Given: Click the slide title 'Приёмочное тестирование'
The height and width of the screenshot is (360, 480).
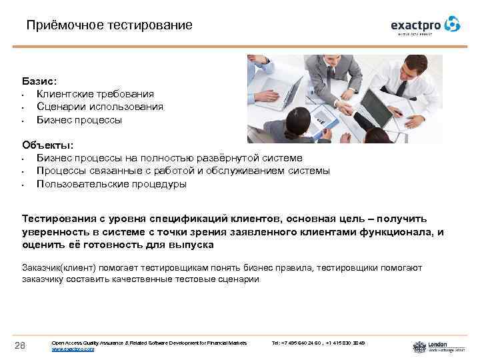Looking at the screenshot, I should click(x=109, y=25).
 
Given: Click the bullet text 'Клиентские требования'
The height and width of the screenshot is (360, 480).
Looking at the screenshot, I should click(x=95, y=95).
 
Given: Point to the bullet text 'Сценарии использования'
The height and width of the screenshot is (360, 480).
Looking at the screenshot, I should click(x=99, y=107).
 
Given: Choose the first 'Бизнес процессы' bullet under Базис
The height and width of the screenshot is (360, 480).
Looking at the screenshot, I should click(x=79, y=121).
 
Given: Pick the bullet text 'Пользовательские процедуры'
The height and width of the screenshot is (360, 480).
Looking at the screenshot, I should click(x=111, y=184).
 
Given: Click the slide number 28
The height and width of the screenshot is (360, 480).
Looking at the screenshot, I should click(x=21, y=345).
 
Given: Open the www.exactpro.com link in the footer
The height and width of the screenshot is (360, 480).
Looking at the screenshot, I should click(x=73, y=349).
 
